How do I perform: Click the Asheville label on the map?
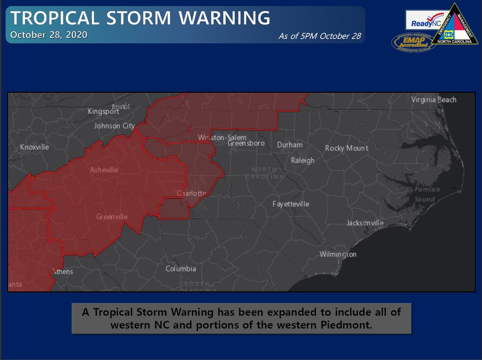click(x=104, y=170)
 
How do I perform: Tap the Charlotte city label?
click(x=192, y=193)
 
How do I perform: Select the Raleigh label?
click(x=302, y=161)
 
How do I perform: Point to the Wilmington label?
click(x=338, y=254)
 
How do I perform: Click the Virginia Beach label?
click(x=434, y=100)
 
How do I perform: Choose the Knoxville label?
click(x=35, y=147)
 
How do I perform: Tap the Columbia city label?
click(x=181, y=268)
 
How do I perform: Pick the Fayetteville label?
click(x=291, y=204)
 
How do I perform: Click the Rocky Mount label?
click(x=347, y=148)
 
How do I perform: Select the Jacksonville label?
click(x=365, y=223)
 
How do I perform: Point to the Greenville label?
click(x=112, y=217)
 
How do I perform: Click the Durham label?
click(x=290, y=144)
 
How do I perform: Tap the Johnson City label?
click(x=114, y=126)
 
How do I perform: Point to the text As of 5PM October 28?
click(x=320, y=36)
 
